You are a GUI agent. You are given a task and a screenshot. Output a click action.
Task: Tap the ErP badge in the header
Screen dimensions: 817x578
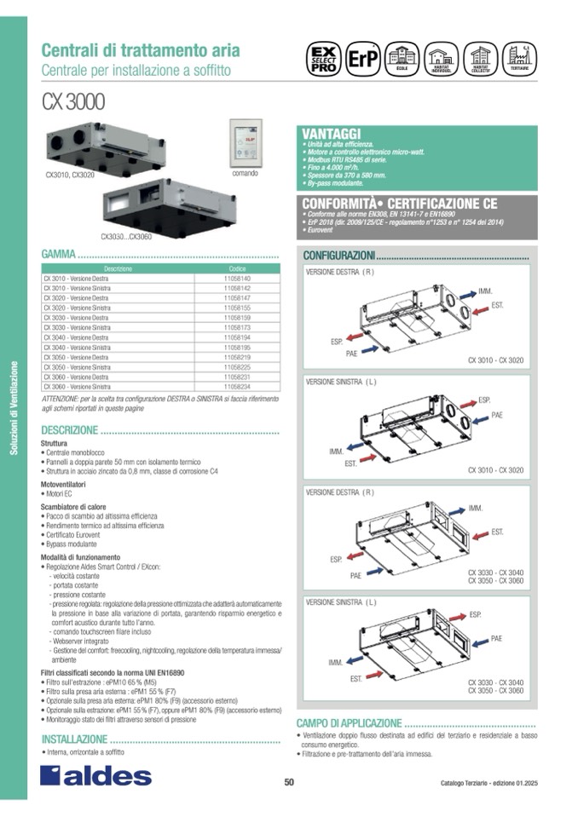361,60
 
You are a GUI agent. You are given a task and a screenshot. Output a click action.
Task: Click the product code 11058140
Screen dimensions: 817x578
237,278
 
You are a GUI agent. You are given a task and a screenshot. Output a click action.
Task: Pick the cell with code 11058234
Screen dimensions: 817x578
237,386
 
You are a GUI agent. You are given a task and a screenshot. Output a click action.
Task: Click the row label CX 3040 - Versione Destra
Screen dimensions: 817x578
76,337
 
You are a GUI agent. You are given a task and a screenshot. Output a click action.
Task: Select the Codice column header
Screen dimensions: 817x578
237,268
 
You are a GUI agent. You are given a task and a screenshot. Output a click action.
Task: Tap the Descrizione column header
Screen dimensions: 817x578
119,268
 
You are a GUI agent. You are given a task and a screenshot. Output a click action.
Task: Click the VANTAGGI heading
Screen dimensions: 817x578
332,133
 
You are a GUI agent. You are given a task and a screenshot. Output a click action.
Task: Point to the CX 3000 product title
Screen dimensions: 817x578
73,101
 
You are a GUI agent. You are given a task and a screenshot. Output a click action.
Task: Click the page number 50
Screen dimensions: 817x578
289,783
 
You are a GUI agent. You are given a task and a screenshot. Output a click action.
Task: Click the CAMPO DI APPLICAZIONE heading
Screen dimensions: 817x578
349,722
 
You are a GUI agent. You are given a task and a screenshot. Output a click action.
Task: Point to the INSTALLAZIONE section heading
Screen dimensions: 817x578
75,739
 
